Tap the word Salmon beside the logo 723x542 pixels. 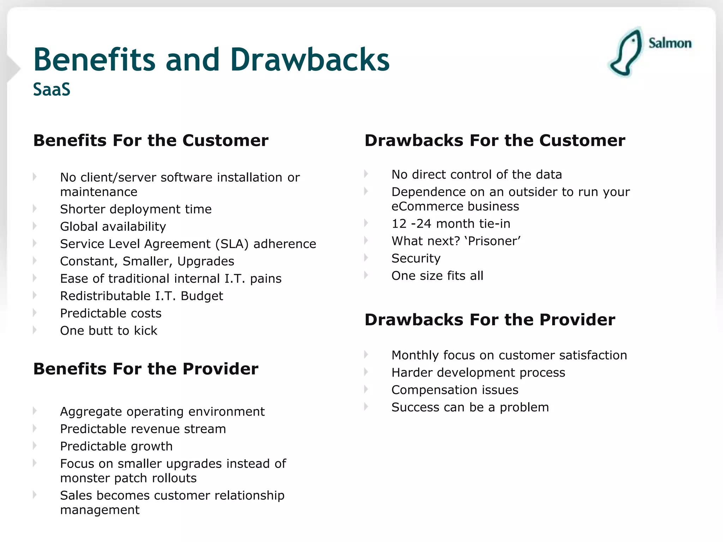coord(670,43)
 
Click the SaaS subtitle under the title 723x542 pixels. coord(52,89)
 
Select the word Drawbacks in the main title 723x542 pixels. coord(310,60)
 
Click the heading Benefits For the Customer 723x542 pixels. coord(151,140)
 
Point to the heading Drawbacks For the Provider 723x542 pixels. coord(490,320)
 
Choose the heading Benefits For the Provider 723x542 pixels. coord(146,369)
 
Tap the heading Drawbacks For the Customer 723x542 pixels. coord(495,140)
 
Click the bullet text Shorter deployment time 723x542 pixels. coord(136,209)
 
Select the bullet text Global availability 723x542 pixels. coord(113,227)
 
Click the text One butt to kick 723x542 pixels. coord(109,331)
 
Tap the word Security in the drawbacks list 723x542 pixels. coord(416,258)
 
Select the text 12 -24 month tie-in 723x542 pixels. coord(451,224)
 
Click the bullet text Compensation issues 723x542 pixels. coord(455,390)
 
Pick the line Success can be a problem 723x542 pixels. coord(470,407)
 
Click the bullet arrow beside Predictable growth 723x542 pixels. coord(35,446)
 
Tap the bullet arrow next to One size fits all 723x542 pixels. coord(366,275)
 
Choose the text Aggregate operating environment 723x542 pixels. coord(162,412)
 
